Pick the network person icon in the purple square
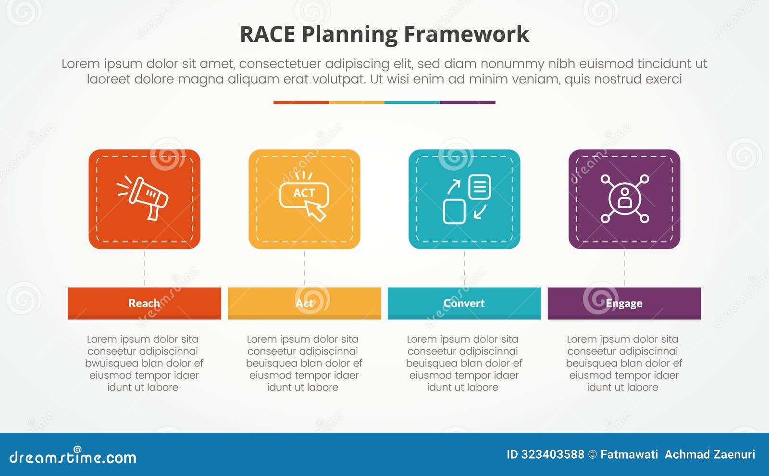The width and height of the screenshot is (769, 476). pyautogui.click(x=624, y=199)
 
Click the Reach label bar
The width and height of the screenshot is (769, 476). pyautogui.click(x=144, y=303)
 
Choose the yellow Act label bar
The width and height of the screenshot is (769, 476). pyautogui.click(x=304, y=303)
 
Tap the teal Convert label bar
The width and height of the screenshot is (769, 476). pyautogui.click(x=464, y=303)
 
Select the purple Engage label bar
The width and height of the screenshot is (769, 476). pyautogui.click(x=624, y=303)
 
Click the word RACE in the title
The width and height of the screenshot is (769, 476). pyautogui.click(x=267, y=35)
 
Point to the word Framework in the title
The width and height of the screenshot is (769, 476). pyautogui.click(x=466, y=35)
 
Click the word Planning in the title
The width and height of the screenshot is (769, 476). pyautogui.click(x=349, y=35)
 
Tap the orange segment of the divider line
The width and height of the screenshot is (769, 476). pyautogui.click(x=301, y=102)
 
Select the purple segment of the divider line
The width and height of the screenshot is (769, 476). pyautogui.click(x=467, y=102)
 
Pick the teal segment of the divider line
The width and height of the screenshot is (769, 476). pyautogui.click(x=412, y=102)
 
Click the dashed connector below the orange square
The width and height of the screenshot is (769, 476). pyautogui.click(x=144, y=268)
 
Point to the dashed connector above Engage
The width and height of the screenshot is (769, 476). pyautogui.click(x=624, y=268)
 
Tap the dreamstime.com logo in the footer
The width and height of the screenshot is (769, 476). pyautogui.click(x=73, y=457)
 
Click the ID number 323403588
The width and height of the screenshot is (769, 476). pyautogui.click(x=553, y=454)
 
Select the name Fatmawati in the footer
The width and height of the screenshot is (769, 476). pyautogui.click(x=629, y=454)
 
